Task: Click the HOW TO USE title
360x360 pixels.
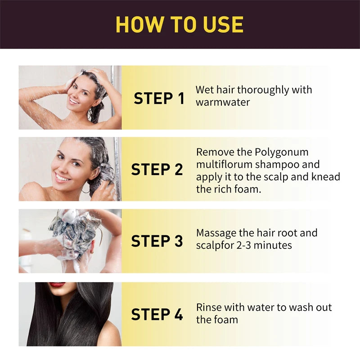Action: click(180, 24)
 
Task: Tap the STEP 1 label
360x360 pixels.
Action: click(159, 98)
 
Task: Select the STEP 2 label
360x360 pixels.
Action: click(157, 170)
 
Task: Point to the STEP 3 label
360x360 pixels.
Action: click(157, 241)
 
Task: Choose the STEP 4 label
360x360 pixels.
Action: click(157, 314)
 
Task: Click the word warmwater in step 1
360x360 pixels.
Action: click(223, 102)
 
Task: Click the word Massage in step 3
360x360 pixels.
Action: click(217, 233)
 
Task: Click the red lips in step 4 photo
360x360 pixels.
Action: click(57, 285)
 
